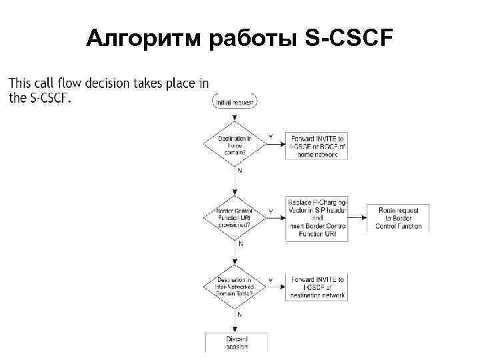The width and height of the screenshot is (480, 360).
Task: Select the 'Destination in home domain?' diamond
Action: [x=235, y=145]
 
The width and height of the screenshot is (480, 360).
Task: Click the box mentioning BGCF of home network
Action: [x=317, y=145]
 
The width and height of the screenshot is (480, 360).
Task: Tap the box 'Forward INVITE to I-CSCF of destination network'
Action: [x=317, y=287]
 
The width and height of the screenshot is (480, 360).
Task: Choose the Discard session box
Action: [x=236, y=342]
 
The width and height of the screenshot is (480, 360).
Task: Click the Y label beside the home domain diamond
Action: [x=271, y=137]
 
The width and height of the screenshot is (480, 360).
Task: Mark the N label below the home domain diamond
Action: [x=241, y=171]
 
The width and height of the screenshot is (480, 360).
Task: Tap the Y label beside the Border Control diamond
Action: [x=271, y=211]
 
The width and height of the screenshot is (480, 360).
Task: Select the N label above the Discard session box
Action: [x=239, y=314]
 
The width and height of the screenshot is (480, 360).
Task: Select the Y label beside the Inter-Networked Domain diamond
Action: [x=271, y=280]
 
